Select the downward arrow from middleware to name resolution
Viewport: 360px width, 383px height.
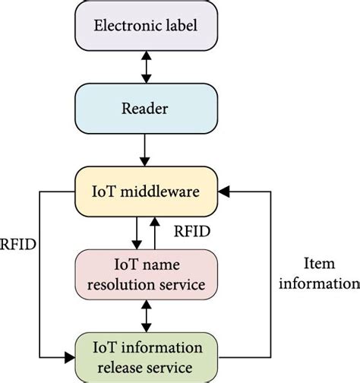[x=136, y=233]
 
